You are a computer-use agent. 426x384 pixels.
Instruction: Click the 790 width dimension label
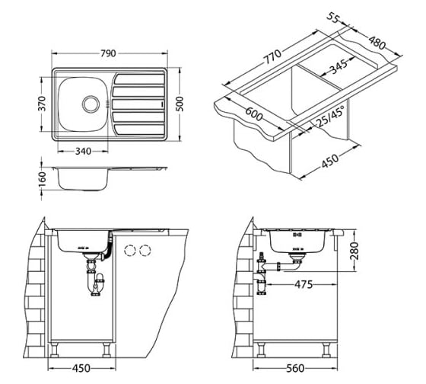click(108, 53)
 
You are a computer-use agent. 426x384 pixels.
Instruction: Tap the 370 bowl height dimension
click(42, 104)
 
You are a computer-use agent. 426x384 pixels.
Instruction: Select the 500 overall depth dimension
click(180, 104)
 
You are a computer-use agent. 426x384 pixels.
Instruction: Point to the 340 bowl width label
click(83, 151)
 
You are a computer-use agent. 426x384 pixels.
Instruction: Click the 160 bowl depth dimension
click(42, 179)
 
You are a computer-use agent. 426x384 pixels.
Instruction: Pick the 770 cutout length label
click(272, 56)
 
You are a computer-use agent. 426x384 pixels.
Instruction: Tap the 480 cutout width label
click(377, 43)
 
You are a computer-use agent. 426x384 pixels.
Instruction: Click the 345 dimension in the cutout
click(339, 67)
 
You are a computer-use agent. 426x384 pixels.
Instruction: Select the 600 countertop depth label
click(254, 114)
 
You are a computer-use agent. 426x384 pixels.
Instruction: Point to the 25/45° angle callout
click(330, 117)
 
